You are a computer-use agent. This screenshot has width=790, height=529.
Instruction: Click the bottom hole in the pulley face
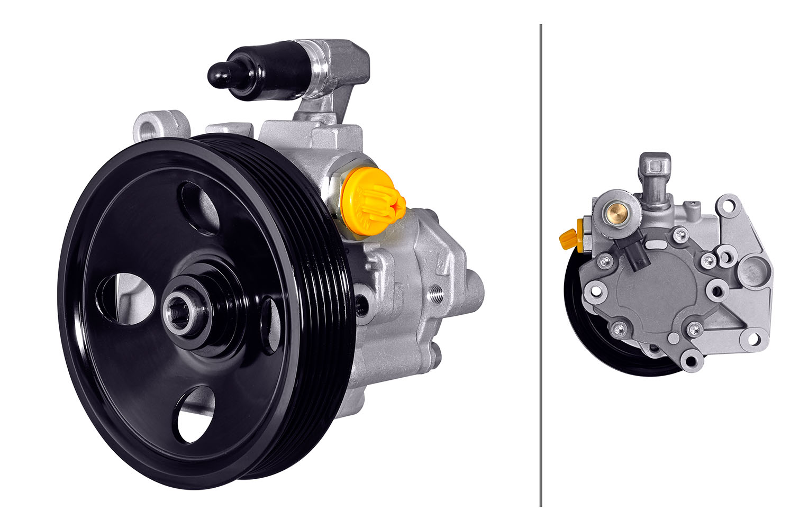pyautogui.click(x=194, y=415)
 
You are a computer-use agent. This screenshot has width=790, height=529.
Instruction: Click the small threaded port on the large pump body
pyautogui.click(x=437, y=294)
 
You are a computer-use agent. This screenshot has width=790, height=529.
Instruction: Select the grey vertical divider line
pyautogui.click(x=540, y=264)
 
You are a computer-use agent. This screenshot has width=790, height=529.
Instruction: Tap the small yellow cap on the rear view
pyautogui.click(x=568, y=240)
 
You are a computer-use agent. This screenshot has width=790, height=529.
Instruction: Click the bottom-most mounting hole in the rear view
pyautogui.click(x=690, y=362)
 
